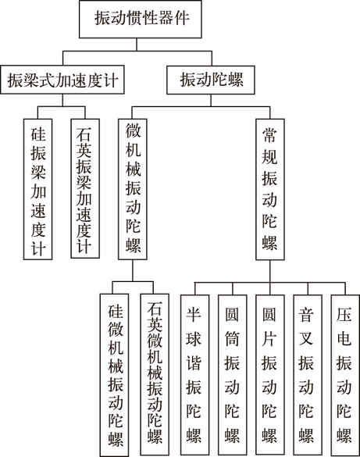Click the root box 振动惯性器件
pos(140,19)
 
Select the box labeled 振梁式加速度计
pos(62,80)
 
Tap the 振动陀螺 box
pos(211,80)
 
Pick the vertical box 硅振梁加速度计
pos(37,189)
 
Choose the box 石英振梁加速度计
pos(85,188)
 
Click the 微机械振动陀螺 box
pos(133,189)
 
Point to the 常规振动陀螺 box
pos(270,189)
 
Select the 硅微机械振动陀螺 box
pos(115,375)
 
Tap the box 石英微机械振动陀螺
pos(155,374)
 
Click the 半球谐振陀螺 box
pos(194,375)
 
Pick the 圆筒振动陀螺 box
pos(233,375)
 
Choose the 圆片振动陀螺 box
pos(270,375)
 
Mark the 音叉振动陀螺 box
pos(308,375)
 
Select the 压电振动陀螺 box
pos(345,375)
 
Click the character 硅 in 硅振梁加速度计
pos(38,134)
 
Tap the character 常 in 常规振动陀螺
pos(269,135)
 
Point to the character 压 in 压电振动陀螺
pos(344,315)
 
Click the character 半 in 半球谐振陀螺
pos(194,315)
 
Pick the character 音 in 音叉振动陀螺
pos(306,315)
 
